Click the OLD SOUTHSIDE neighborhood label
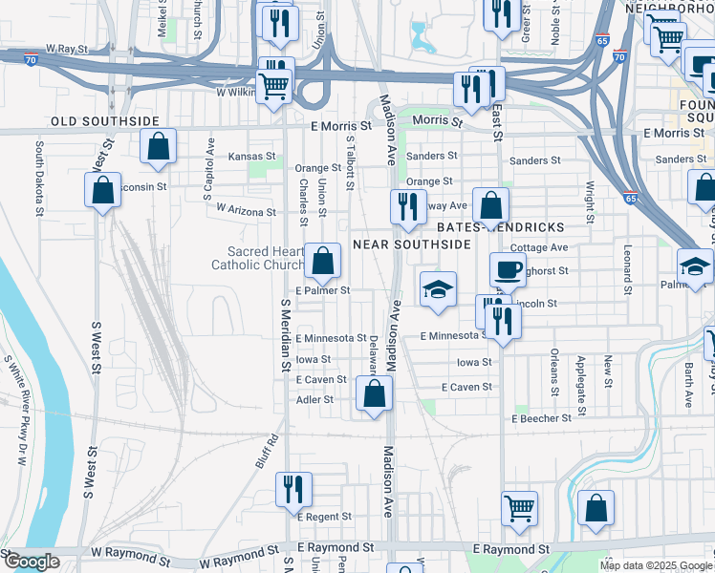pos(105,121)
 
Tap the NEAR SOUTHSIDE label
pos(412,244)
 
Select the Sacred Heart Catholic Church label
pos(252,258)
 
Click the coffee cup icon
pos(507,269)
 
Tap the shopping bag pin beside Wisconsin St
pos(102,190)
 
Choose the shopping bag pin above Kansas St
pos(159,147)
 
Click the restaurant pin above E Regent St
pos(293,488)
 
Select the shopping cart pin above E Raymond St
pos(520,507)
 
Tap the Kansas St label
pos(251,157)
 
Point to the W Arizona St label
pos(246,209)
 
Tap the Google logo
pos(32,562)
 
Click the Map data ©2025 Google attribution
pos(654,564)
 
